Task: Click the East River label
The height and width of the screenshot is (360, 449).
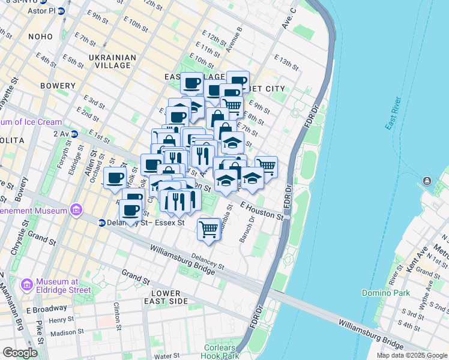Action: [x=397, y=113]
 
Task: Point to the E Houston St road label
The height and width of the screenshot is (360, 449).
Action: [x=262, y=211]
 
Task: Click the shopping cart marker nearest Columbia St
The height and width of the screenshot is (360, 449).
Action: [x=208, y=229]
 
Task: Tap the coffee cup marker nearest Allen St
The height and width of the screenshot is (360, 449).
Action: [x=115, y=178]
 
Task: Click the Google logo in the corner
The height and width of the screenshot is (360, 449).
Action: [x=20, y=352]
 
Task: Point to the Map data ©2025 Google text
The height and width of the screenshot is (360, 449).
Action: [x=411, y=355]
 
